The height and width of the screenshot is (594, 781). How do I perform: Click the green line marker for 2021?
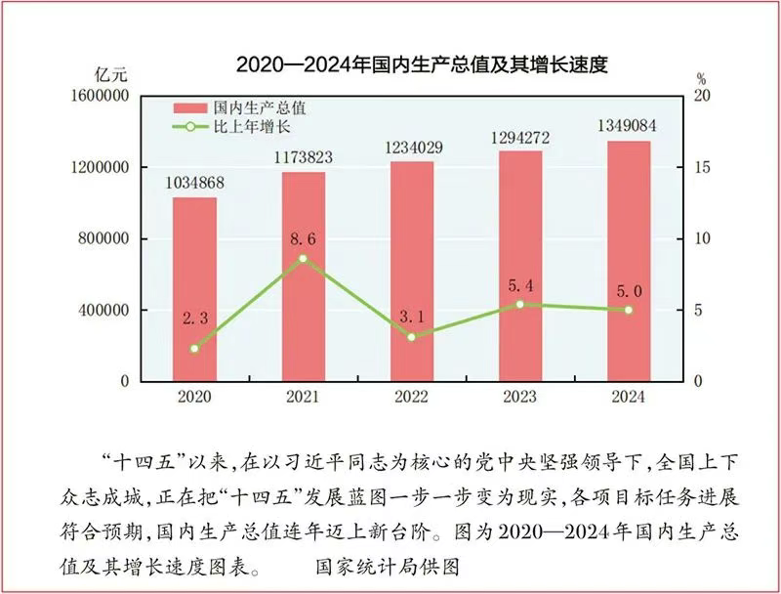pos(303,258)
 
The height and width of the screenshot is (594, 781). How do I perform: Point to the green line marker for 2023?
pos(520,304)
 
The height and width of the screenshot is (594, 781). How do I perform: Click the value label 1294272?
pos(520,136)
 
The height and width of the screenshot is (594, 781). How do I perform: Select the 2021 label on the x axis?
pos(303,398)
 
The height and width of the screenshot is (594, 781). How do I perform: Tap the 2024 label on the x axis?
pos(629,398)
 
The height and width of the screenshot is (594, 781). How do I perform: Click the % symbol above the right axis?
pos(701,76)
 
